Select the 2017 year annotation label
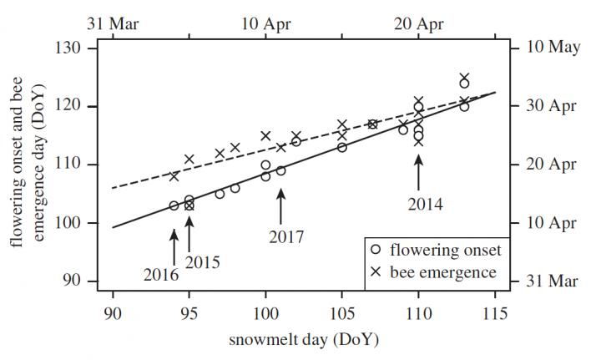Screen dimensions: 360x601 pos(287,236)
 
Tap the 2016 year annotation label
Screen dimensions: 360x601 pos(160,273)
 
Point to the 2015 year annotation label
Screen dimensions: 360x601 pos(202,262)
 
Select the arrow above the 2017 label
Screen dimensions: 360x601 pos(281,205)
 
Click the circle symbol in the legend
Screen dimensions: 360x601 pos(377,251)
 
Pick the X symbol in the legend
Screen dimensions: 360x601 pos(377,271)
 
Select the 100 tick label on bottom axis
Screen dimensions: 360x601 pos(265,316)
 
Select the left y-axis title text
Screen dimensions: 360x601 pos(25,164)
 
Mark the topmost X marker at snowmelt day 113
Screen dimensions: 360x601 pos(464,77)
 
